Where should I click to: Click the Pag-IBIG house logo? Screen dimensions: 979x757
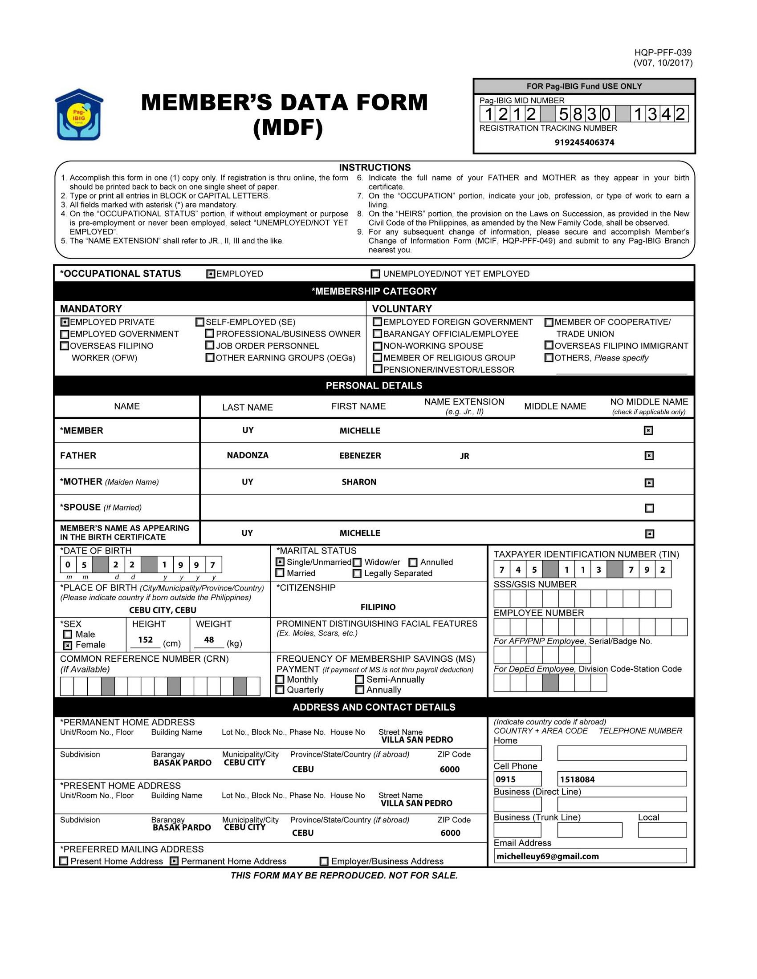click(79, 115)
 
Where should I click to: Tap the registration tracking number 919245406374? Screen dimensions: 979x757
click(584, 142)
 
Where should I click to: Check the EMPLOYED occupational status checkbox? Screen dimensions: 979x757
click(211, 274)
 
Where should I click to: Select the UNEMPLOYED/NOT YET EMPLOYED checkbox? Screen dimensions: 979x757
click(375, 274)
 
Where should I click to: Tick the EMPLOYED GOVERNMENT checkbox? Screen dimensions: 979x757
click(65, 334)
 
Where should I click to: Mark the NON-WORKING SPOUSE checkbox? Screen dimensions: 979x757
click(378, 346)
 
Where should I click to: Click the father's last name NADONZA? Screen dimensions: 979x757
click(248, 455)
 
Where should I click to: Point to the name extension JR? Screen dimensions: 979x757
click(464, 456)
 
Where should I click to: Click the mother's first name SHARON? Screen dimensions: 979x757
click(359, 482)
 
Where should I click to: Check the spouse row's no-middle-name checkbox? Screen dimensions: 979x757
click(649, 508)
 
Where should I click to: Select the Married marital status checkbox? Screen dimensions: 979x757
click(280, 573)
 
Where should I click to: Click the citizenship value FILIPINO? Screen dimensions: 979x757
click(378, 607)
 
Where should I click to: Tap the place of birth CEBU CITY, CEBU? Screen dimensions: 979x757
click(163, 610)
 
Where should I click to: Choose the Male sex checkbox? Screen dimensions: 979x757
click(68, 634)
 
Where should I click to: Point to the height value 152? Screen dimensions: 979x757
click(145, 639)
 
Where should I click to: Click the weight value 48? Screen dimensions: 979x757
click(209, 639)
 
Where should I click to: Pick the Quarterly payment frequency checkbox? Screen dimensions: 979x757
click(280, 690)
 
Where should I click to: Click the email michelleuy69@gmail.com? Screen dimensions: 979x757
click(548, 856)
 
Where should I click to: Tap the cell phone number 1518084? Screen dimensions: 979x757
click(577, 780)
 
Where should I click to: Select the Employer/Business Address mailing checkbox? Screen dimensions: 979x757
click(324, 861)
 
